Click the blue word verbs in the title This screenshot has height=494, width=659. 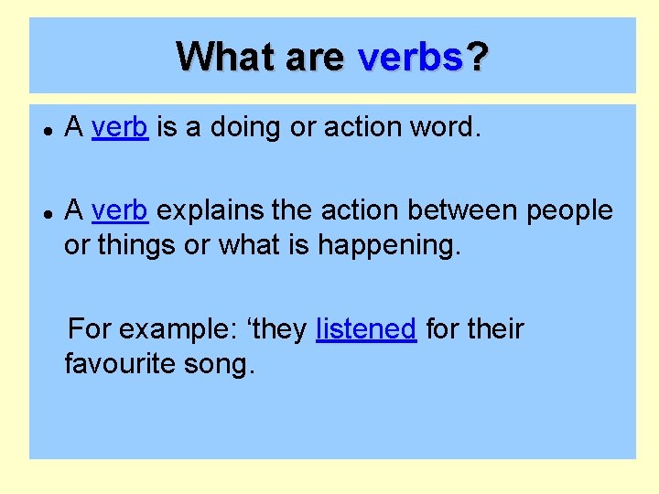pos(410,57)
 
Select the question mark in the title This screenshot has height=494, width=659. pos(477,57)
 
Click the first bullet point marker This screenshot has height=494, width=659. pos(46,129)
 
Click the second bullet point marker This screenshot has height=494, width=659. pos(46,211)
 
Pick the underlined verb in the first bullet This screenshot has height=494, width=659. pos(119,127)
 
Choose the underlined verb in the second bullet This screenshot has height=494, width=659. pos(119,209)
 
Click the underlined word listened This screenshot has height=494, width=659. pos(366,328)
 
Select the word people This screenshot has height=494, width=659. pos(568,211)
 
